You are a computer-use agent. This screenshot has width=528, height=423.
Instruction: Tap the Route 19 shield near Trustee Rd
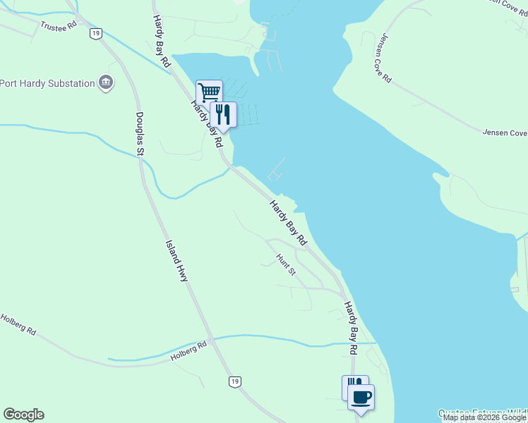tap(95, 32)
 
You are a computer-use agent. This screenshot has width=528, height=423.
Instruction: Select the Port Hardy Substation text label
tap(47, 83)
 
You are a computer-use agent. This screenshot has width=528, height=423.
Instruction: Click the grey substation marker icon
tap(107, 83)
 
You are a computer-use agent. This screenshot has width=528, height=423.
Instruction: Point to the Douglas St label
tap(140, 133)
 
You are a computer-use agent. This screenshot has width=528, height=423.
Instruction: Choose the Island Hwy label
tap(176, 261)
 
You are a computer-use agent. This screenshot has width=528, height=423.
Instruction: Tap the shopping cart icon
tap(209, 92)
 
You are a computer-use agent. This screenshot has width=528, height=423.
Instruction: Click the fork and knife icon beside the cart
tap(223, 114)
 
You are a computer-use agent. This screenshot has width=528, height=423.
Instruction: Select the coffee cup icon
tap(361, 397)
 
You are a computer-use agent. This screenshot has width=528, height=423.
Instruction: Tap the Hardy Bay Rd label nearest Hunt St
tap(288, 223)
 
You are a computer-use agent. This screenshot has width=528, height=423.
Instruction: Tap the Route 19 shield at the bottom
tap(235, 381)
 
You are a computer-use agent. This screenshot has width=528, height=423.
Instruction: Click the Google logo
tap(23, 415)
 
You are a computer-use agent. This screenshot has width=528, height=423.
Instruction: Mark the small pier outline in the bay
tap(276, 169)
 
